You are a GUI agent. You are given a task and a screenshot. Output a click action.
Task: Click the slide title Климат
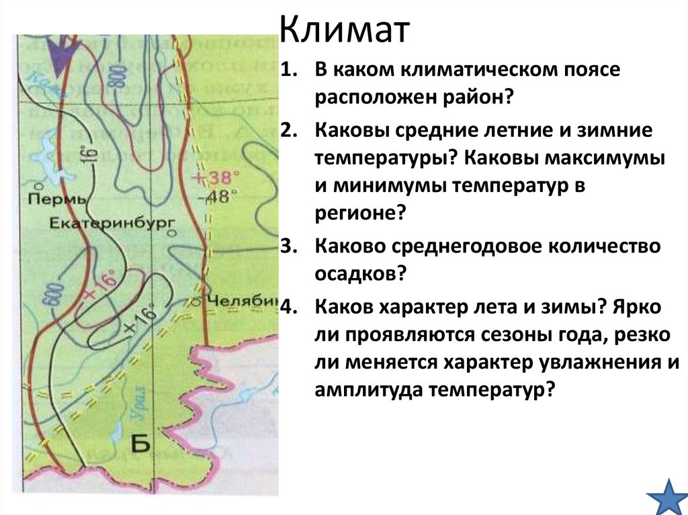point(343,32)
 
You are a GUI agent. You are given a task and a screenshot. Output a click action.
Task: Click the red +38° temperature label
point(216,179)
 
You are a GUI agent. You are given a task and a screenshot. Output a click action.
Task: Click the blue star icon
point(666,496)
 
